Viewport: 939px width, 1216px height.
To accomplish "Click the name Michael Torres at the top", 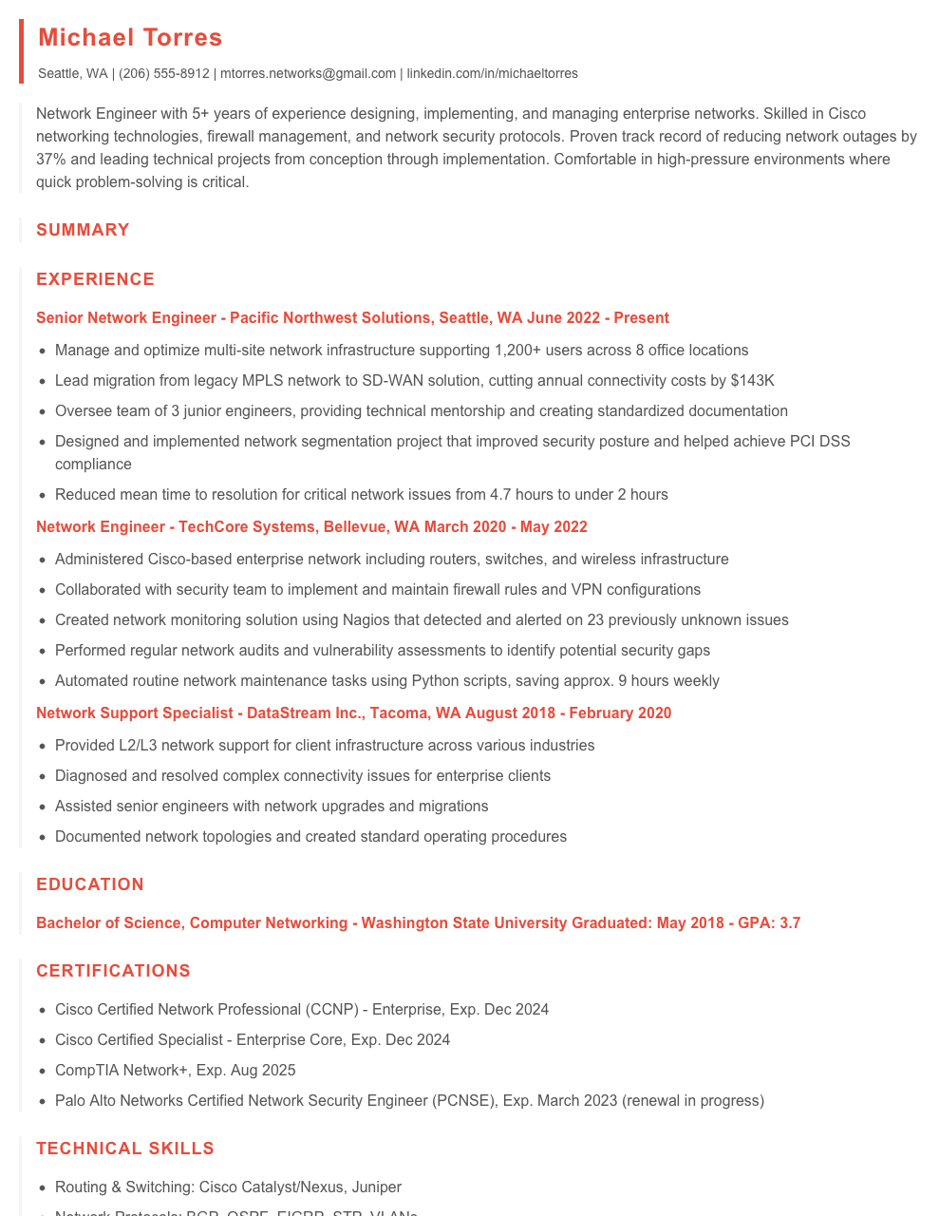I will (x=130, y=38).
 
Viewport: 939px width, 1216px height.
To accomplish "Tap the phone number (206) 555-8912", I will (x=163, y=74).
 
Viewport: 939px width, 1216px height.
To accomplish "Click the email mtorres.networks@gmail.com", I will (x=308, y=74).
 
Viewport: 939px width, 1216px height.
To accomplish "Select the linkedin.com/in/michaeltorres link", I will (x=492, y=74).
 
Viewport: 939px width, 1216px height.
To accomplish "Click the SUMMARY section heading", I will (x=83, y=230).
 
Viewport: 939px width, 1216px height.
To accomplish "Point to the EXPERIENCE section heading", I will (x=95, y=279).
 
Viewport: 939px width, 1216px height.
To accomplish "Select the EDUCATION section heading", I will (x=90, y=884).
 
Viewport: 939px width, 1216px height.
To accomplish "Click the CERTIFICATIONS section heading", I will (x=113, y=971).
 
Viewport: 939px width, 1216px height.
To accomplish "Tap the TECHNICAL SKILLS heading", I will (x=125, y=1149).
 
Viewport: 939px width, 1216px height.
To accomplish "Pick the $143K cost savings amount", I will (x=752, y=381).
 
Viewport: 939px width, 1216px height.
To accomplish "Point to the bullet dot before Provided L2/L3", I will (x=43, y=747).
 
